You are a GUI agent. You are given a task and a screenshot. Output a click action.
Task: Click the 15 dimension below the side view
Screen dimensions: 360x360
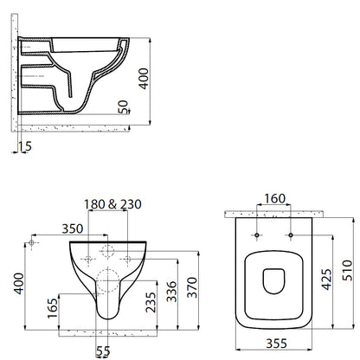coord(26,146)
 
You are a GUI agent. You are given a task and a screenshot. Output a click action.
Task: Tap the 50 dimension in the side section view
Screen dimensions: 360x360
coord(123,107)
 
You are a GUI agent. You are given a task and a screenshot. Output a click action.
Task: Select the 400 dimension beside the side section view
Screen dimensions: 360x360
coord(144,79)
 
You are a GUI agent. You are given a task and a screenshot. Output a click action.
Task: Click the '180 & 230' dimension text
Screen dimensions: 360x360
coord(112,204)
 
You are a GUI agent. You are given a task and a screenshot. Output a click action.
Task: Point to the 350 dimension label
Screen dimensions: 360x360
coord(73,228)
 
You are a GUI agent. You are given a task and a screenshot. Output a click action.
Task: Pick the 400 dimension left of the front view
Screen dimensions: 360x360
coord(20,284)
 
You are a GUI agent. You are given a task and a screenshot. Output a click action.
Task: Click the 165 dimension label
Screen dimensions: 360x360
coord(53,308)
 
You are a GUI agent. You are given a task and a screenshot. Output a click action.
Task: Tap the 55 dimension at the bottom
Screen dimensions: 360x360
coord(103,351)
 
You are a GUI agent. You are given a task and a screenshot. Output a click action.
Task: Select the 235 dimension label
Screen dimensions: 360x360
coord(151,302)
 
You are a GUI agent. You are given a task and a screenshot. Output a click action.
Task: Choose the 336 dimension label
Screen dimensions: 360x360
coord(171,292)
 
